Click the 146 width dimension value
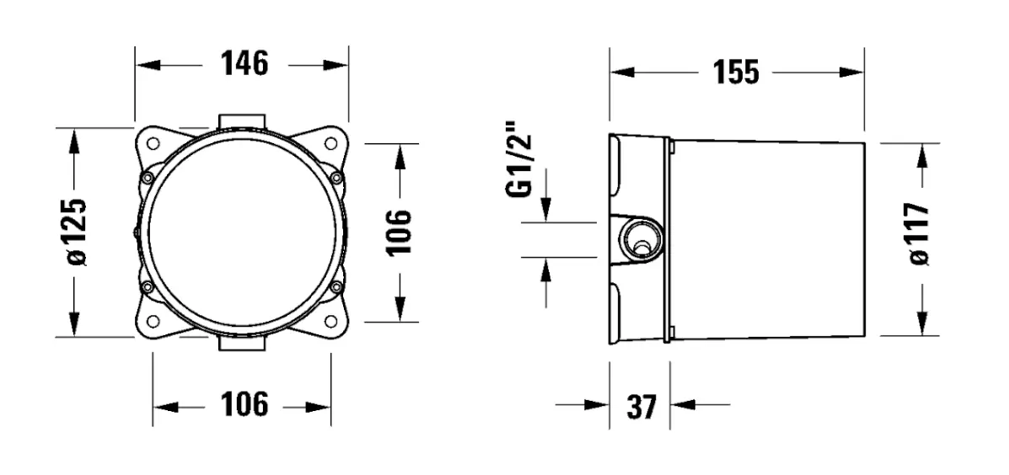244,64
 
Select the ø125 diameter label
76,232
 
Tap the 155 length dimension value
736,72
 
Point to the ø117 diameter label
919,234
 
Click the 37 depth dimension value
641,406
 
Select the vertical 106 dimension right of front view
399,232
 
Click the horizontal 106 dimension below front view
244,405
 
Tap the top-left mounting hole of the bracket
153,144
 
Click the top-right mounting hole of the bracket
330,144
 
